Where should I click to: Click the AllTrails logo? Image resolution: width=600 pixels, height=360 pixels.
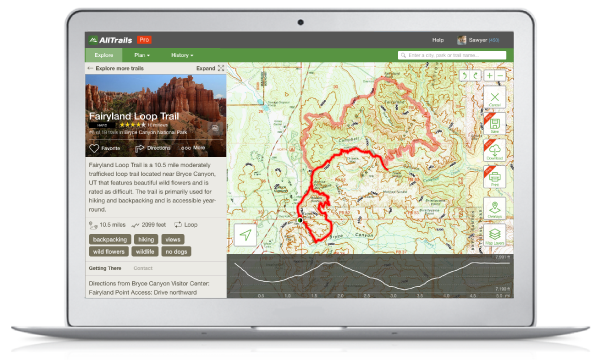point(109,39)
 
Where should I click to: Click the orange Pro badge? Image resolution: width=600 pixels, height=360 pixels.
point(145,39)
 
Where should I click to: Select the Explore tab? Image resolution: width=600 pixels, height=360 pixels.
point(104,55)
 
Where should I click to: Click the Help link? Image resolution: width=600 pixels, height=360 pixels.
point(438,39)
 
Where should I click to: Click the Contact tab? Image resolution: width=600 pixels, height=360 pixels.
point(143,268)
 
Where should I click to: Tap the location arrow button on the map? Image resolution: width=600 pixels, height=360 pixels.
point(244,236)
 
